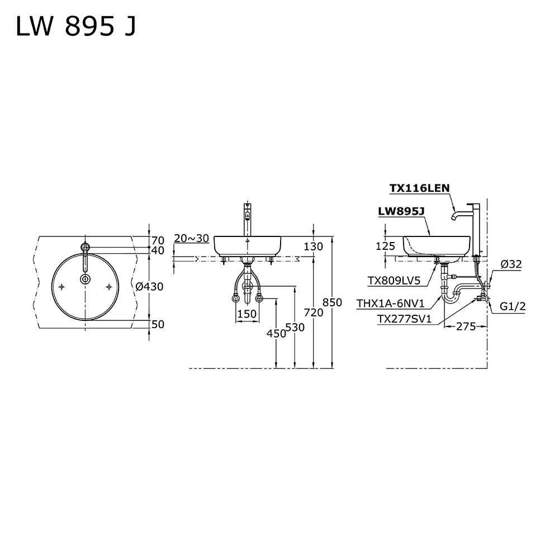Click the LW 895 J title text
click(76, 27)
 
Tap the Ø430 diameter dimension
click(150, 286)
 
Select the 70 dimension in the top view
click(158, 240)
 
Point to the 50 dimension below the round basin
click(158, 324)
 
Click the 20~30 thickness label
click(191, 238)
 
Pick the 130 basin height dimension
click(314, 247)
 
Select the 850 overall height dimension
click(332, 302)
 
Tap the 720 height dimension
click(314, 312)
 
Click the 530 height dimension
click(295, 327)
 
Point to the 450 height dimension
click(276, 333)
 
